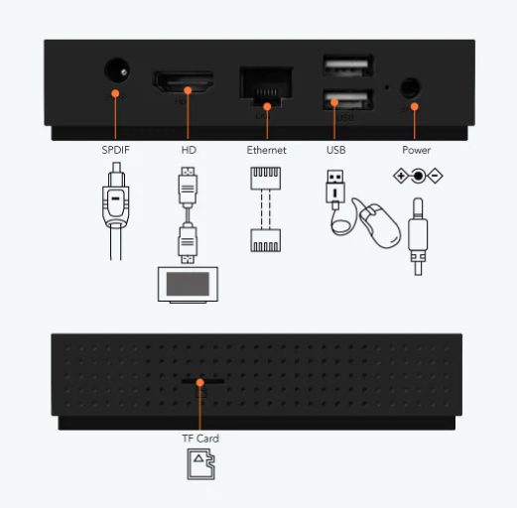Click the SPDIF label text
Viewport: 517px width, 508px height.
click(x=115, y=150)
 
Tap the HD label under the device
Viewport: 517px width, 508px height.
click(x=189, y=150)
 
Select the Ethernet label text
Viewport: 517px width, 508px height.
click(x=266, y=150)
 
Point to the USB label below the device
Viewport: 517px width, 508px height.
click(x=336, y=150)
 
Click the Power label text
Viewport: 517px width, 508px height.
click(x=417, y=150)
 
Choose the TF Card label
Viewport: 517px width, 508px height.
click(x=200, y=439)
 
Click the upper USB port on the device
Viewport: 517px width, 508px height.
click(x=348, y=65)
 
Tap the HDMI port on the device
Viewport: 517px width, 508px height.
click(x=183, y=81)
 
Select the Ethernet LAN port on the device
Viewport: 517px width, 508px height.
click(x=266, y=86)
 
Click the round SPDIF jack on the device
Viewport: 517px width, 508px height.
click(x=117, y=70)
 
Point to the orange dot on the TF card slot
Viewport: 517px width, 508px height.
click(x=199, y=383)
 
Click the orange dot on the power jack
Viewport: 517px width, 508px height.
click(x=415, y=106)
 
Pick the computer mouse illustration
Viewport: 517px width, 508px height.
click(x=380, y=226)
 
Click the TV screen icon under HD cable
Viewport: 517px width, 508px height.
click(x=188, y=285)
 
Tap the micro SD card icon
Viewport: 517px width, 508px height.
click(x=200, y=464)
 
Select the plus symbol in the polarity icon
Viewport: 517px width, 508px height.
click(x=401, y=176)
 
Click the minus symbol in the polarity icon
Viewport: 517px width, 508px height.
click(x=435, y=176)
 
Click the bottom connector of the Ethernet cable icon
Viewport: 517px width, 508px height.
click(x=266, y=240)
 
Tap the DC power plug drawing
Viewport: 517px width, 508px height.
click(x=418, y=236)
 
